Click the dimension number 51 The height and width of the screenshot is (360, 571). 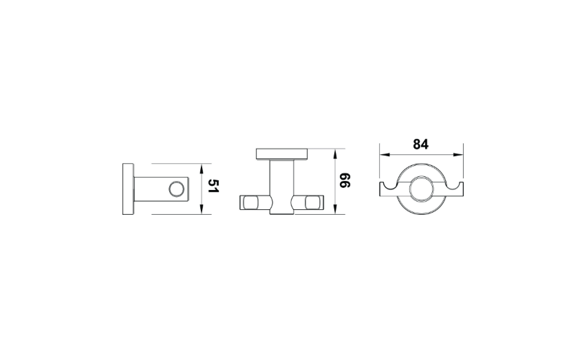click(x=213, y=186)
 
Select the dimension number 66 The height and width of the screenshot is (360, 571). click(x=345, y=180)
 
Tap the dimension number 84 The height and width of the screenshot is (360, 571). click(x=420, y=145)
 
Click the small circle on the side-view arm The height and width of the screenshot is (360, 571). click(x=177, y=189)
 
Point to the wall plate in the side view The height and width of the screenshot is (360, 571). click(x=128, y=189)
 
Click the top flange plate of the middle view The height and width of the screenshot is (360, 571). click(x=282, y=154)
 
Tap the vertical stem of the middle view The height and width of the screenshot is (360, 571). click(x=282, y=187)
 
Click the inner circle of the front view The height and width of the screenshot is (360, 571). click(x=421, y=189)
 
